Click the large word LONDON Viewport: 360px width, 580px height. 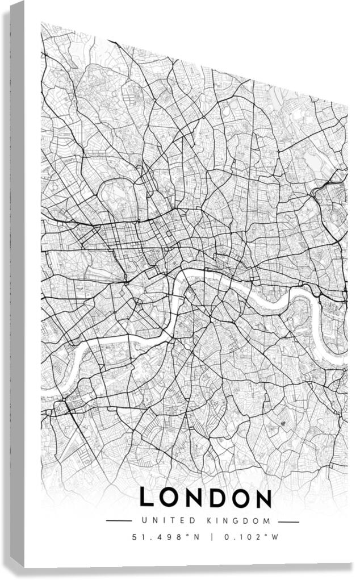[206, 498]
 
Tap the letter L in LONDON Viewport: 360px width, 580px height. [147, 498]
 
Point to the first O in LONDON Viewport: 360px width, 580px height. [170, 498]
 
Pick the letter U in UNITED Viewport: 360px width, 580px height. [144, 521]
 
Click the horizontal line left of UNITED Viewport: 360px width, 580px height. [119, 521]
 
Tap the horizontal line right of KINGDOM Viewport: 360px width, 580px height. [288, 521]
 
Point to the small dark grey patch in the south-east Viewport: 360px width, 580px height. [283, 424]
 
